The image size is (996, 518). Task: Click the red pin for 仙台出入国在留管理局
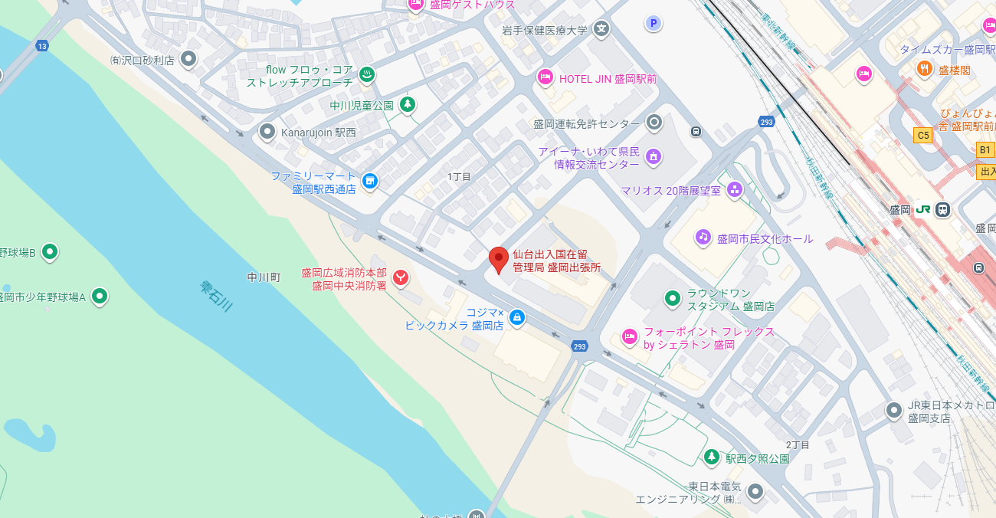pyautogui.click(x=499, y=259)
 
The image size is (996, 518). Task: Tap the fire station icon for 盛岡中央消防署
pyautogui.click(x=400, y=277)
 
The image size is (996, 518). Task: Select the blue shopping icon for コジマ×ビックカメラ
pyautogui.click(x=517, y=316)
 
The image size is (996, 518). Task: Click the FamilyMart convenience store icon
pyautogui.click(x=370, y=181)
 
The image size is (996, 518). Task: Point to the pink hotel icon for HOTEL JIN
pyautogui.click(x=546, y=77)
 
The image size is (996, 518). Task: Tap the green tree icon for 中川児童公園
pyautogui.click(x=408, y=104)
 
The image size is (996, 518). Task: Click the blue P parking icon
pyautogui.click(x=653, y=24)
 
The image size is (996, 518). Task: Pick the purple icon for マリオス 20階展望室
pyautogui.click(x=735, y=189)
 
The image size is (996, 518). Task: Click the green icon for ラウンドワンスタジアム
pyautogui.click(x=672, y=297)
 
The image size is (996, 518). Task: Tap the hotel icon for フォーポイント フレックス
pyautogui.click(x=629, y=336)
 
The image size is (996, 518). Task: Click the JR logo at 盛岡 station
pyautogui.click(x=923, y=209)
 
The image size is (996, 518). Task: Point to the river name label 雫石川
pyautogui.click(x=216, y=296)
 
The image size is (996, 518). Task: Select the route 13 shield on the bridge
pyautogui.click(x=41, y=47)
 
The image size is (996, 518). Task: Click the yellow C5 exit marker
pyautogui.click(x=922, y=136)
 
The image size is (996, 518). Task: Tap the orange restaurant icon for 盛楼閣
pyautogui.click(x=925, y=69)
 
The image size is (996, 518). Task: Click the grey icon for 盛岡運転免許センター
pyautogui.click(x=654, y=122)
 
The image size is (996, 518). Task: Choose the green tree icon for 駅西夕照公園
pyautogui.click(x=712, y=457)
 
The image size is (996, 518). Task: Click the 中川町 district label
pyautogui.click(x=264, y=277)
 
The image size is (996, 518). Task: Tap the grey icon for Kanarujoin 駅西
pyautogui.click(x=267, y=132)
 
